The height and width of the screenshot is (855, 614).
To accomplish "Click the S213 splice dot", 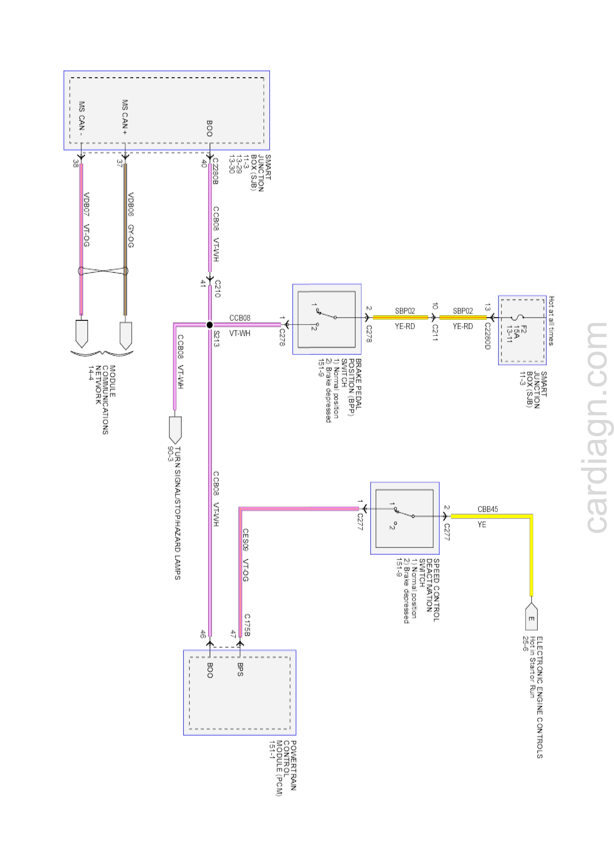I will tap(209, 325).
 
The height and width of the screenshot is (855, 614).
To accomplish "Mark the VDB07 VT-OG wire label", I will tap(86, 220).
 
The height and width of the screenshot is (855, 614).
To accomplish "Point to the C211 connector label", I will tap(435, 332).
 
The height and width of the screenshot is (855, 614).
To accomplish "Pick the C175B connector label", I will tap(247, 625).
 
